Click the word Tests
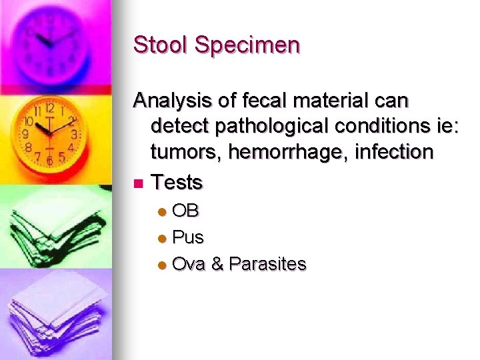(177, 182)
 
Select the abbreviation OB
(185, 211)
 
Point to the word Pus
(188, 237)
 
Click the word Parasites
(267, 264)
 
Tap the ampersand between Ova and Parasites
(217, 264)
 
